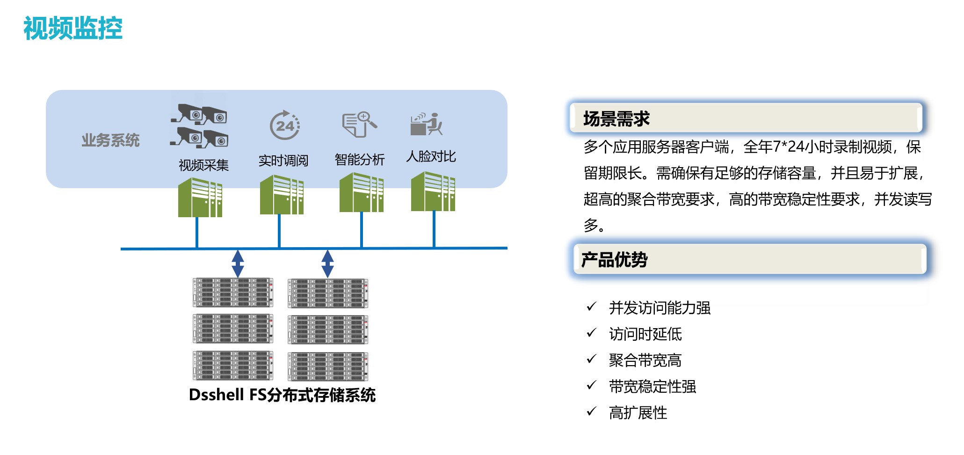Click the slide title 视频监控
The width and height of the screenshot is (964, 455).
coord(73,28)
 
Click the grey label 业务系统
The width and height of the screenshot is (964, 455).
coord(110,140)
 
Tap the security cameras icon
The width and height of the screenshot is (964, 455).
coord(199,125)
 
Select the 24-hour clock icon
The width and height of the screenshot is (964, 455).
coord(285,125)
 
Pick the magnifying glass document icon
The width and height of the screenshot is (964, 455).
coord(359,124)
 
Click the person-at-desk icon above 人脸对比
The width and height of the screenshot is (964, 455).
coord(426,124)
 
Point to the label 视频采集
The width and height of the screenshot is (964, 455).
coord(203,165)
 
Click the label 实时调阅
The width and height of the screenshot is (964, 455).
coord(283,161)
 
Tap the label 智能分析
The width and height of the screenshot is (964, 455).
coord(360,160)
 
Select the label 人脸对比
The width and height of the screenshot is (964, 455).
coord(431,156)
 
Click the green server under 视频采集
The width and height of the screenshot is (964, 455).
coord(200,198)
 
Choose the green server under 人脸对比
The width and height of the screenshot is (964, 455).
coord(433,191)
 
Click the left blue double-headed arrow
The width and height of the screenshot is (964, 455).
coord(238,264)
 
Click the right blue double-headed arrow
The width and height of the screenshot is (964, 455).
coord(327,264)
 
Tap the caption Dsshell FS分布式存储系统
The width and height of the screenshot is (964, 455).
coord(282,395)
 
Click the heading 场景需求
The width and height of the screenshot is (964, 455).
coord(616,118)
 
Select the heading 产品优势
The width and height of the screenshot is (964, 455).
coord(614,259)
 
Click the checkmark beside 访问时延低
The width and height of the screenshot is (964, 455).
coord(592,333)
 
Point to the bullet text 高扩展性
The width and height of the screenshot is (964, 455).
coord(638,412)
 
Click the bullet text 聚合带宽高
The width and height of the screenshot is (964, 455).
coord(645,360)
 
